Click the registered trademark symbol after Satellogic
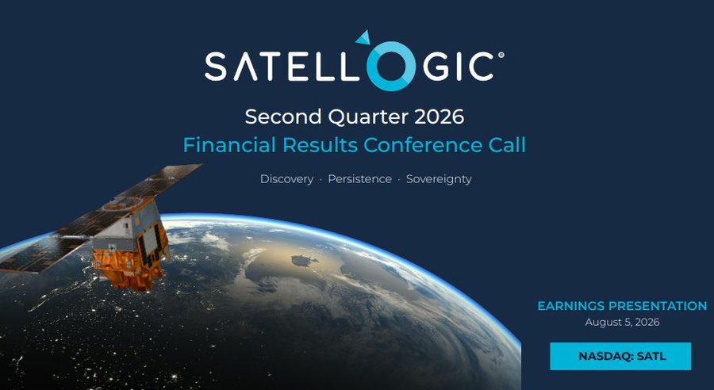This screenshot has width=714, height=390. click(501, 55)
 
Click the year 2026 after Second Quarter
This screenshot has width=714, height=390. click(439, 117)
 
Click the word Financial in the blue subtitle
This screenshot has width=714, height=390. click(229, 145)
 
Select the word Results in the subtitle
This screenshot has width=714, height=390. click(320, 145)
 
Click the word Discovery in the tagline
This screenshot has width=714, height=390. click(287, 179)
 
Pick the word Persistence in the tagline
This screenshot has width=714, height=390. click(359, 179)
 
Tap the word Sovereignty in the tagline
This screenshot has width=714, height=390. click(439, 179)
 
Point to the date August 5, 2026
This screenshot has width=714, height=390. click(622, 323)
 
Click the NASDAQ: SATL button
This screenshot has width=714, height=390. click(620, 357)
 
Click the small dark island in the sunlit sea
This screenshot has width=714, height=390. click(304, 260)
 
